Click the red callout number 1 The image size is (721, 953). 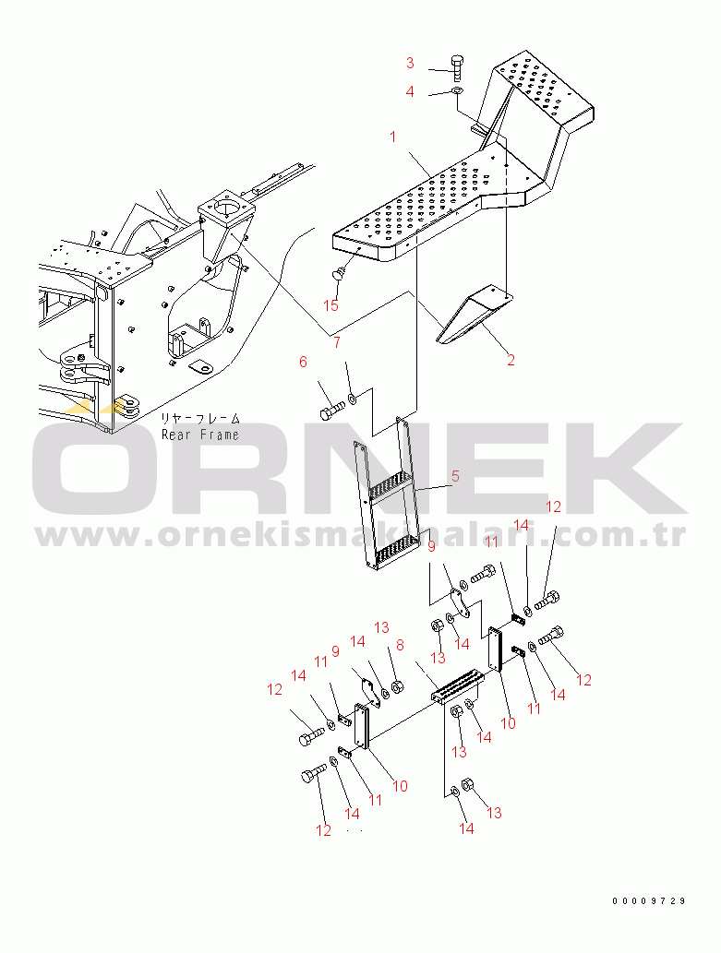click(393, 137)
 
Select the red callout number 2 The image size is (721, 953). click(511, 360)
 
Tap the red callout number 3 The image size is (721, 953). click(410, 63)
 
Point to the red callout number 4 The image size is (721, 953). click(410, 91)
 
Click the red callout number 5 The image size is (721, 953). click(455, 476)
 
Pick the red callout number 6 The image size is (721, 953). click(303, 363)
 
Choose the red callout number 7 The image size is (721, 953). click(337, 343)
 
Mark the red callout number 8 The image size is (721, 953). click(400, 644)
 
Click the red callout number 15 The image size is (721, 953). click(330, 305)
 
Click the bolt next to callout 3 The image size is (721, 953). click(458, 66)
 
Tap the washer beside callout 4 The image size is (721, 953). click(457, 91)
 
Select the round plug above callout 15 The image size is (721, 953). click(338, 273)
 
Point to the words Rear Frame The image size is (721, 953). click(200, 435)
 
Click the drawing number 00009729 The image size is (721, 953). click(649, 900)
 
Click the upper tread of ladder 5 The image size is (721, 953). click(390, 486)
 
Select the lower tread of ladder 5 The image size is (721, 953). click(397, 550)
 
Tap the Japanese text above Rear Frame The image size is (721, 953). click(200, 419)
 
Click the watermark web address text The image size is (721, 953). click(361, 534)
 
